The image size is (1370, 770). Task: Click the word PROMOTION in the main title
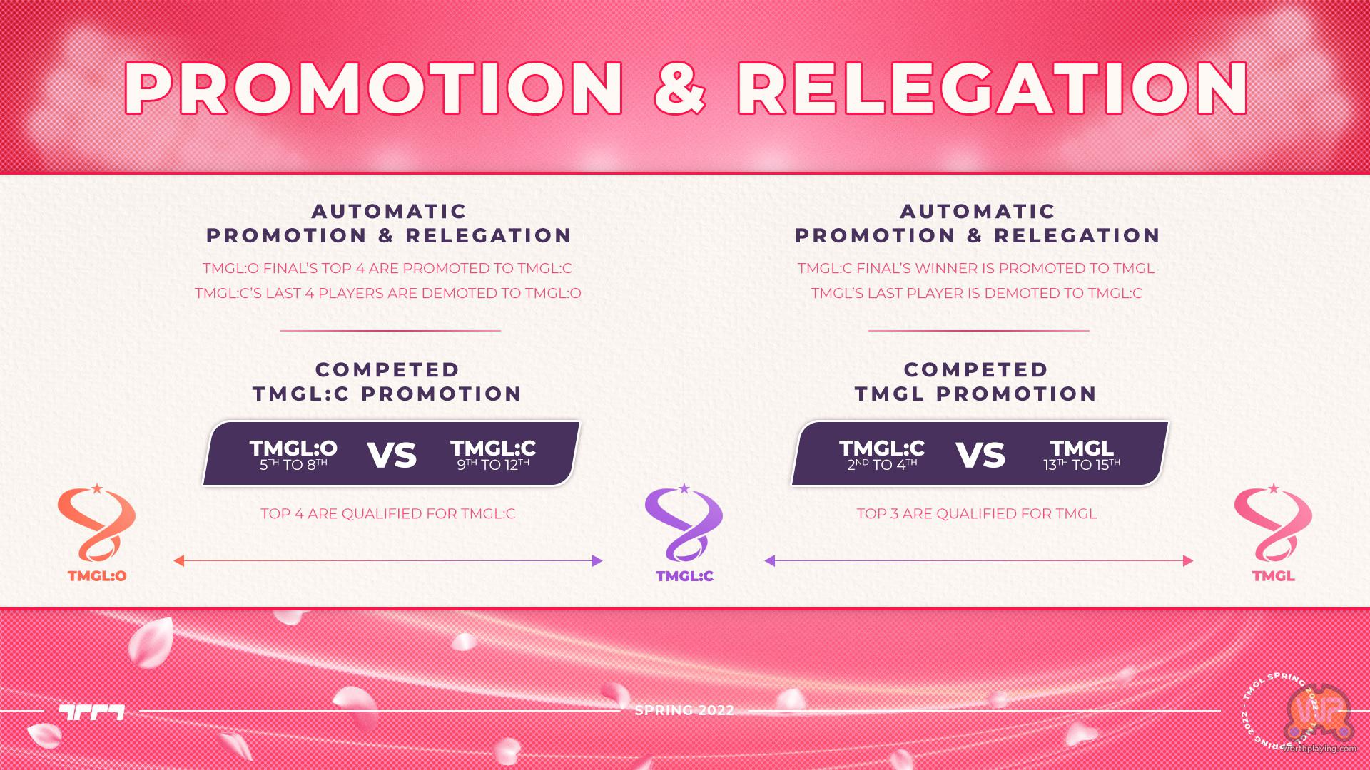374,88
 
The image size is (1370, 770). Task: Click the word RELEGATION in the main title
993,88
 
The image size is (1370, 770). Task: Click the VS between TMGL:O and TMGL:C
392,455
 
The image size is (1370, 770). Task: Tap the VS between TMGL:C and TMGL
980,455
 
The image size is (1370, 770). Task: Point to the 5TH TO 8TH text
293,465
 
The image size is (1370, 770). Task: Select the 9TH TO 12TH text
493,465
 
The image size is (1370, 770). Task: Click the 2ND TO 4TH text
882,465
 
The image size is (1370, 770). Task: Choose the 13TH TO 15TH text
1082,465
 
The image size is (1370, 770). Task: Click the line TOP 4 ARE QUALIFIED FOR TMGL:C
388,513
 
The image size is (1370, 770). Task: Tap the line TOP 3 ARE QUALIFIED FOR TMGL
976,513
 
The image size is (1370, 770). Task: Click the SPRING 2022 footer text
684,710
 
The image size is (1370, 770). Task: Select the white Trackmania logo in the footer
91,712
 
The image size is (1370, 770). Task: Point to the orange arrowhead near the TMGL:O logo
179,561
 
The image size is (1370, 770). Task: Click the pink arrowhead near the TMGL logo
1188,561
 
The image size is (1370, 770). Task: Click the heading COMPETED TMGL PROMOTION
976,381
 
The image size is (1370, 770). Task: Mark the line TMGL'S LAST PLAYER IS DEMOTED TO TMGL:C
977,293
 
